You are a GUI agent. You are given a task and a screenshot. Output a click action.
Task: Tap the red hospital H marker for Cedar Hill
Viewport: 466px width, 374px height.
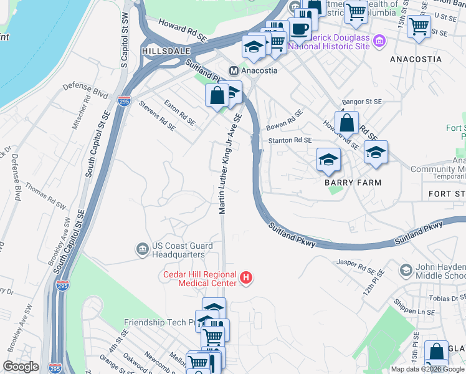click(246, 278)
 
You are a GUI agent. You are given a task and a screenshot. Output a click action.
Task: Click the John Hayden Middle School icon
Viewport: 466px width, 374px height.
click(406, 270)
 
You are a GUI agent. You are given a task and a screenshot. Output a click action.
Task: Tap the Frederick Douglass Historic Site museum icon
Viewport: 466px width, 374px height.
click(380, 42)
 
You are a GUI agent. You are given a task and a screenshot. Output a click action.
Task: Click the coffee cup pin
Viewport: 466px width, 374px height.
click(300, 29)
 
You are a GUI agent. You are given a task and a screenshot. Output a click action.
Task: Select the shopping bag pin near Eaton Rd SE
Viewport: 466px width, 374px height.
click(217, 96)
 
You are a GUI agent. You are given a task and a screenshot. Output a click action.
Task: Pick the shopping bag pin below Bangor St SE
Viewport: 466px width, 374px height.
click(347, 122)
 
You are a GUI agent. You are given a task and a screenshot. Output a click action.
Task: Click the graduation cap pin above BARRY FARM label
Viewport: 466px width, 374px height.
click(328, 160)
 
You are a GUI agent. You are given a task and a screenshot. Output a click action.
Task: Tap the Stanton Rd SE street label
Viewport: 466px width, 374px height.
click(290, 141)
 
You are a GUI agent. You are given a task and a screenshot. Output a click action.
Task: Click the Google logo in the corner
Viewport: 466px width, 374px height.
click(21, 367)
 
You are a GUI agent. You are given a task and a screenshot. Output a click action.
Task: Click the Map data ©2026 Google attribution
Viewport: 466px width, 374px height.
click(428, 369)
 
